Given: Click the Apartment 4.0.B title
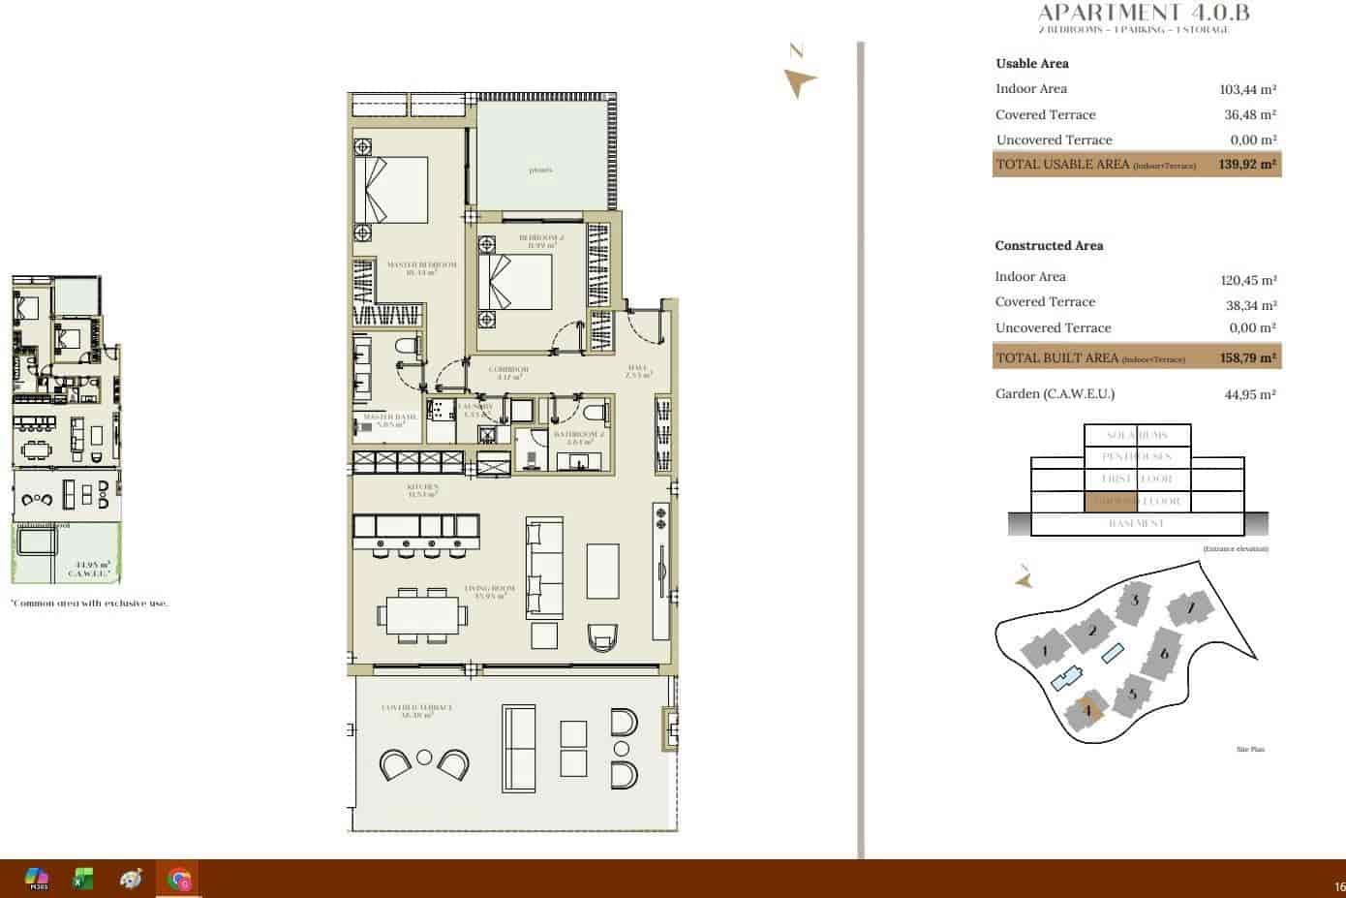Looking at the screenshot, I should [x=1143, y=13].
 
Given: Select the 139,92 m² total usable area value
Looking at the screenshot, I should [x=1247, y=165].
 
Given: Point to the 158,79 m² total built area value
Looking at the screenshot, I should [x=1247, y=357].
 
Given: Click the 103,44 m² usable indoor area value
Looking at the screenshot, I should [x=1247, y=89].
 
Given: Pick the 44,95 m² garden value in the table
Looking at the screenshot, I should [x=1249, y=394].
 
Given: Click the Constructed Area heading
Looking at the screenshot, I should [x=1049, y=245].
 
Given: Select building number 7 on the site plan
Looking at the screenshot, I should [x=1190, y=608].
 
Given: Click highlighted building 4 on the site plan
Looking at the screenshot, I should [x=1087, y=711].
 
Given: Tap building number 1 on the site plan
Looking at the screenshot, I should [x=1045, y=650].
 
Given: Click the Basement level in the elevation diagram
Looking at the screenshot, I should [x=1136, y=523].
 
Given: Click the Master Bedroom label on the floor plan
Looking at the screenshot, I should [x=421, y=267].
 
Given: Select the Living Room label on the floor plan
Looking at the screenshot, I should [x=489, y=591].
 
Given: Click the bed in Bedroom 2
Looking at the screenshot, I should [x=515, y=281].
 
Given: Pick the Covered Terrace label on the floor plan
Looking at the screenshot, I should [x=416, y=710].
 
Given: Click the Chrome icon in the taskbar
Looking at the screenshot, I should [x=179, y=880].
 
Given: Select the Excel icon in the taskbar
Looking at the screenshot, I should [x=83, y=880].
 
